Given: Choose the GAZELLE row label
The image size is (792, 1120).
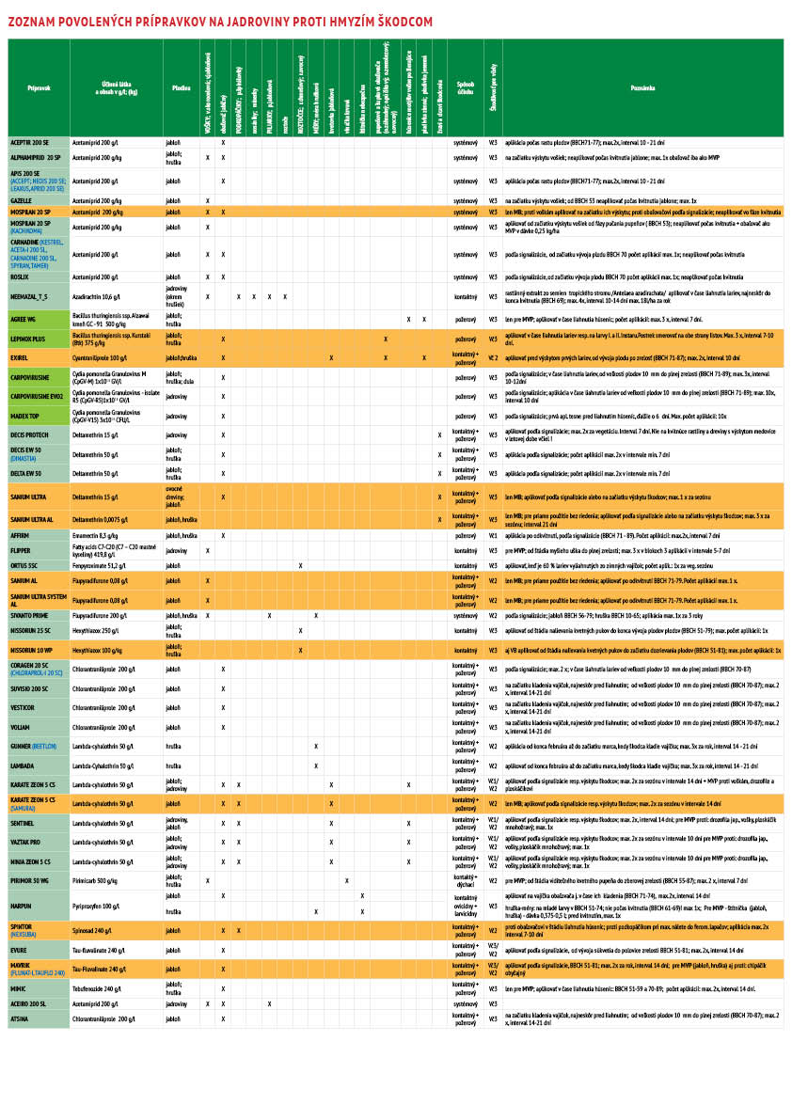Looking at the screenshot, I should pos(22,201).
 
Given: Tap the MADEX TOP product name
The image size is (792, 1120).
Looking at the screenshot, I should pos(24,415).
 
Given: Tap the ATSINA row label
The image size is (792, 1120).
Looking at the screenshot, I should pos(20,1018).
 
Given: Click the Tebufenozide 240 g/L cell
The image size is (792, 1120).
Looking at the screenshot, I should pos(97,989).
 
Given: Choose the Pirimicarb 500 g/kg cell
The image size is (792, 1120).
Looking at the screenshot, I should pos(95,880).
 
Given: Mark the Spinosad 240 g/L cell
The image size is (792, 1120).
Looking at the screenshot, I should pos(93,930).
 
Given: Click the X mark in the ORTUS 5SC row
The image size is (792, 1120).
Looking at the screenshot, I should pos(300,565).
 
